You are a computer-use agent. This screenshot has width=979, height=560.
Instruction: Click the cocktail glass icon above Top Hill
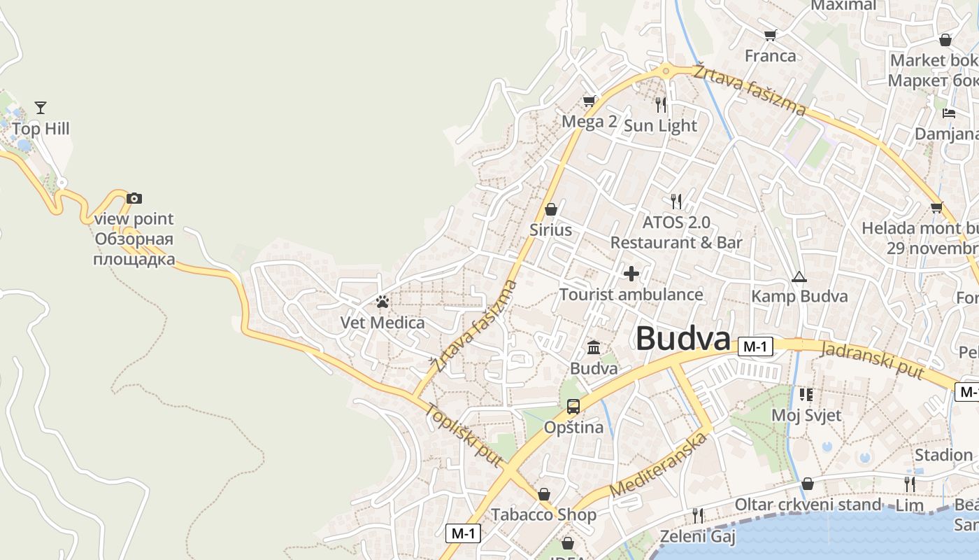pos(41,108)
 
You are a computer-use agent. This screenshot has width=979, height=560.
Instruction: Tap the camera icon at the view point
pos(134,199)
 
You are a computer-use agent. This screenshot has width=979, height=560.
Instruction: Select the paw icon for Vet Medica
pos(382,302)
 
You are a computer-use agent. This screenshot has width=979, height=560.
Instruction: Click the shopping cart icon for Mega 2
pos(589,101)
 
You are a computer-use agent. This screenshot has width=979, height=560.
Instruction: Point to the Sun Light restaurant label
pos(660,126)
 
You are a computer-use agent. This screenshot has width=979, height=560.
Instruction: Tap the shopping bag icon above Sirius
pos(551,209)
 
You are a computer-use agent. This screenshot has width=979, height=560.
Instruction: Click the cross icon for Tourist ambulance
pos(631,273)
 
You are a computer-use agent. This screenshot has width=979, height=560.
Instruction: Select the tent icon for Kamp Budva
pos(799,276)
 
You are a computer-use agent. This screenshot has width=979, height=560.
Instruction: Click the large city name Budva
pos(683,339)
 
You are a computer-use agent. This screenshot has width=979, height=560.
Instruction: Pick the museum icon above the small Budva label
pos(594,347)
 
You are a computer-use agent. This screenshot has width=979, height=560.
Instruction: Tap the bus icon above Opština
pos(573,406)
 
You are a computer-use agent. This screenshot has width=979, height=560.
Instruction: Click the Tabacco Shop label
pos(543,515)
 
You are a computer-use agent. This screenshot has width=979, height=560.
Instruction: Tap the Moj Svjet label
pos(806,415)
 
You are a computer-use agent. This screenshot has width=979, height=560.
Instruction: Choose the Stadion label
pos(943,456)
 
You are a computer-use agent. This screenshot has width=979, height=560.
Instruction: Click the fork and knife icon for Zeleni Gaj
pos(698,516)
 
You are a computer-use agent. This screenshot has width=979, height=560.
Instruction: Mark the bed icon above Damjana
pos(949,113)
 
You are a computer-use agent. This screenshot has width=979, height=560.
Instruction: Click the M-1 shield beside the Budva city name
pos(755,346)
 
